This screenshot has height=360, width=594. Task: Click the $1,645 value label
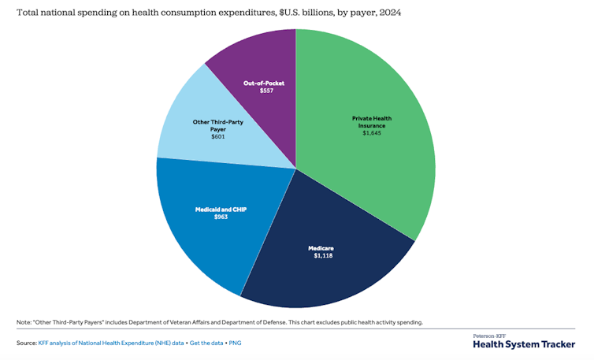pos(371,133)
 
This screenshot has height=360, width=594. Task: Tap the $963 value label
pos(221,216)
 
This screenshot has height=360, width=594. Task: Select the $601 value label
pos(217,136)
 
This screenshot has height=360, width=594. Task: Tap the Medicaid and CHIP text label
pos(221,209)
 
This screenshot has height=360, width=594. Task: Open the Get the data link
pos(208,343)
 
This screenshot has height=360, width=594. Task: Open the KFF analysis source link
pos(111,343)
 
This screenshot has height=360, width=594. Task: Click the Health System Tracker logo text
pos(524,344)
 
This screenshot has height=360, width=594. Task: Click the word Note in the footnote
pos(24,322)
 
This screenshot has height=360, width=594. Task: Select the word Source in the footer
pos(26,343)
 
